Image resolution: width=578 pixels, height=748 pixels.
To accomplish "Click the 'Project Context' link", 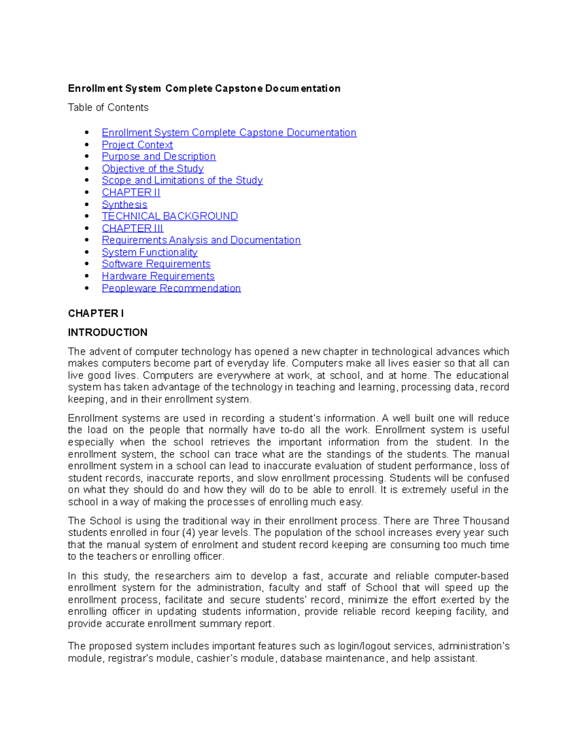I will click(137, 144).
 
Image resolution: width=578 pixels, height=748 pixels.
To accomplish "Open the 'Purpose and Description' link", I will click(158, 157).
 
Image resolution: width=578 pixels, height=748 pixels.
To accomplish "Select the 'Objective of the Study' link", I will click(153, 169).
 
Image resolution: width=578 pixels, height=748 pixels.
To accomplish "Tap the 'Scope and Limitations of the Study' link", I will click(182, 180).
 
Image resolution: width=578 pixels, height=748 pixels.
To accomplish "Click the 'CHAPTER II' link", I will click(131, 192).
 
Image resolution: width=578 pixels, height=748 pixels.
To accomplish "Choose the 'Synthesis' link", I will click(124, 204).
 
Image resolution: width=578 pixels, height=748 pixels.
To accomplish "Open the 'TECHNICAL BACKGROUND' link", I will click(170, 216).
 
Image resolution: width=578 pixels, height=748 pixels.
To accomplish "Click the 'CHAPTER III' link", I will click(132, 228).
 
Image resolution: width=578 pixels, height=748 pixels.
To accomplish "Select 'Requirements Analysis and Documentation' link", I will click(201, 240).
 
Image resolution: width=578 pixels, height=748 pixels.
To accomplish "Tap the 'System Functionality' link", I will click(149, 252).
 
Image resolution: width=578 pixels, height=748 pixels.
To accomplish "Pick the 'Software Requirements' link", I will click(156, 264).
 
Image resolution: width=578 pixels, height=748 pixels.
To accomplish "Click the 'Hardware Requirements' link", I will click(158, 276).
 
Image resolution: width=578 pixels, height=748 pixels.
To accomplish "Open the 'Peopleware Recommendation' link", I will click(171, 288).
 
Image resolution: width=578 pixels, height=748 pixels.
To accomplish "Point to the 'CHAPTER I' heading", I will click(96, 314).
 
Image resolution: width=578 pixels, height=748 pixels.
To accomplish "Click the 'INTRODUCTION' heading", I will click(107, 332).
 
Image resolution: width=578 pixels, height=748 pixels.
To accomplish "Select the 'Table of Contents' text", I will click(108, 107).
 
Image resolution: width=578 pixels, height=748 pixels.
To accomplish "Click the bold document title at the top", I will click(204, 88).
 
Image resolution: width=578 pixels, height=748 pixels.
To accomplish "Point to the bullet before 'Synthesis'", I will click(87, 204).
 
